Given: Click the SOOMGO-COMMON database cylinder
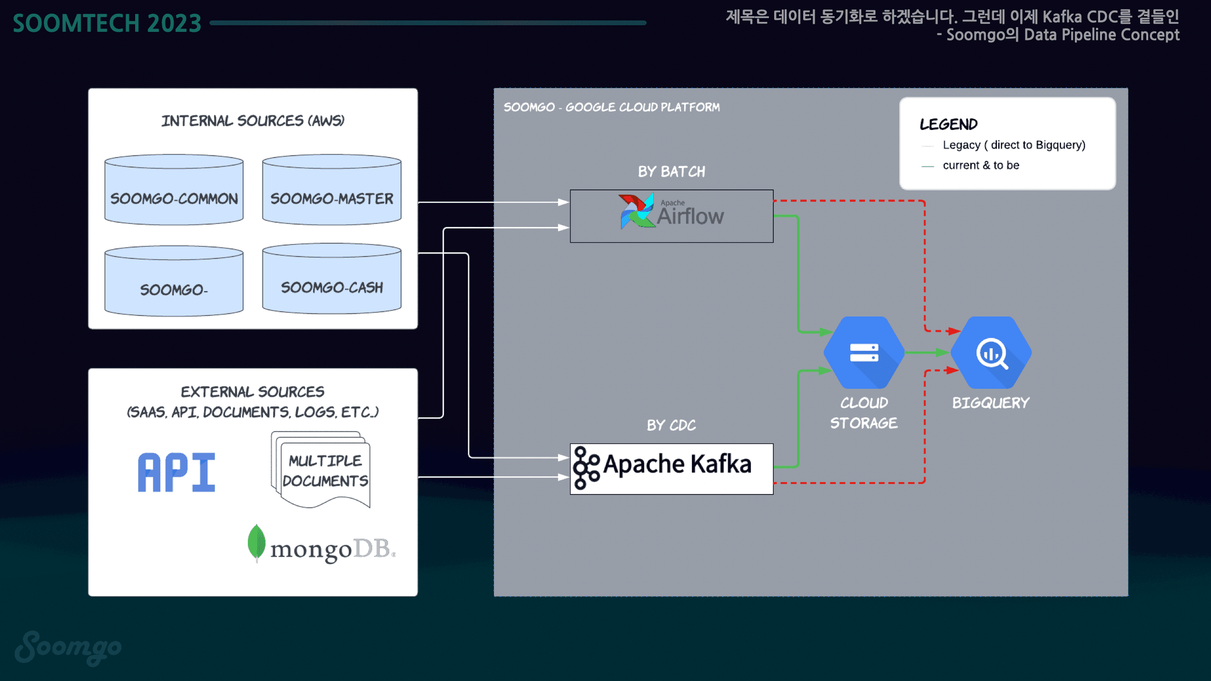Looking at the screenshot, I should click(x=174, y=190).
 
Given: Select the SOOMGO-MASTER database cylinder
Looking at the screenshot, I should click(x=332, y=190).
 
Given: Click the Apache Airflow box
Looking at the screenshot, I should click(x=671, y=216).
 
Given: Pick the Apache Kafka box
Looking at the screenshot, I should click(x=671, y=469).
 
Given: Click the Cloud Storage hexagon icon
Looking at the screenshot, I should click(x=864, y=353).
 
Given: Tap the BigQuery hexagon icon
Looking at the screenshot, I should click(x=991, y=353).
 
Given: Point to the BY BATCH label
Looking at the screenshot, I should click(x=671, y=171).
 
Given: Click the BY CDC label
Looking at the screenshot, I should click(x=671, y=425).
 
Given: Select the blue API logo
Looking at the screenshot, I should click(x=177, y=472).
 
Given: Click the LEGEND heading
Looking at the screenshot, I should click(x=948, y=124).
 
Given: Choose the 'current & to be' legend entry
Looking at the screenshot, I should click(x=981, y=165).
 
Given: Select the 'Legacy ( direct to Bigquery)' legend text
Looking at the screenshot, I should click(x=1014, y=145).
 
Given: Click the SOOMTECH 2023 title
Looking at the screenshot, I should click(x=107, y=23).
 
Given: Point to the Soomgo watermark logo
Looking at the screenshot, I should click(x=68, y=648).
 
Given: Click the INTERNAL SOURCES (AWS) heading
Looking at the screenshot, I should click(x=253, y=120).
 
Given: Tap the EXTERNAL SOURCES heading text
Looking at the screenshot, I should click(x=253, y=392).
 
